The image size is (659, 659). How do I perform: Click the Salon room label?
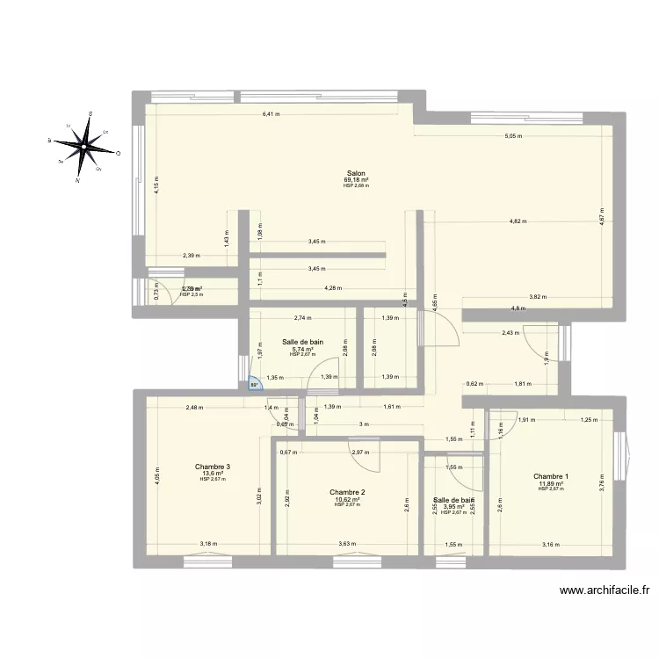pos(356,173)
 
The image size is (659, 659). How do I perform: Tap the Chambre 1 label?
pos(551,476)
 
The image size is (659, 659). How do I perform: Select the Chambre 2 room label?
pos(347,492)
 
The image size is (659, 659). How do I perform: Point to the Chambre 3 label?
pos(213,467)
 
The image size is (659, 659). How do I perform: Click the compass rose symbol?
pos(86,145)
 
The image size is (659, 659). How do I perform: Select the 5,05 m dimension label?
pos(512,136)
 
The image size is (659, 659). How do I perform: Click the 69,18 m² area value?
pos(356,180)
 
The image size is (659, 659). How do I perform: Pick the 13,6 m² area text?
pos(213,474)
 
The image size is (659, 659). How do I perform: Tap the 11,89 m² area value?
pos(551,483)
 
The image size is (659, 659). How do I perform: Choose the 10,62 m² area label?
pos(347,499)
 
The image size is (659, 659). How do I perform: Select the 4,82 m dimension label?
pos(518,221)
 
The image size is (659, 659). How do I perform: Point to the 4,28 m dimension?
pos(333,288)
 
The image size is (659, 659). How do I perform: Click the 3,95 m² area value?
pos(453,506)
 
